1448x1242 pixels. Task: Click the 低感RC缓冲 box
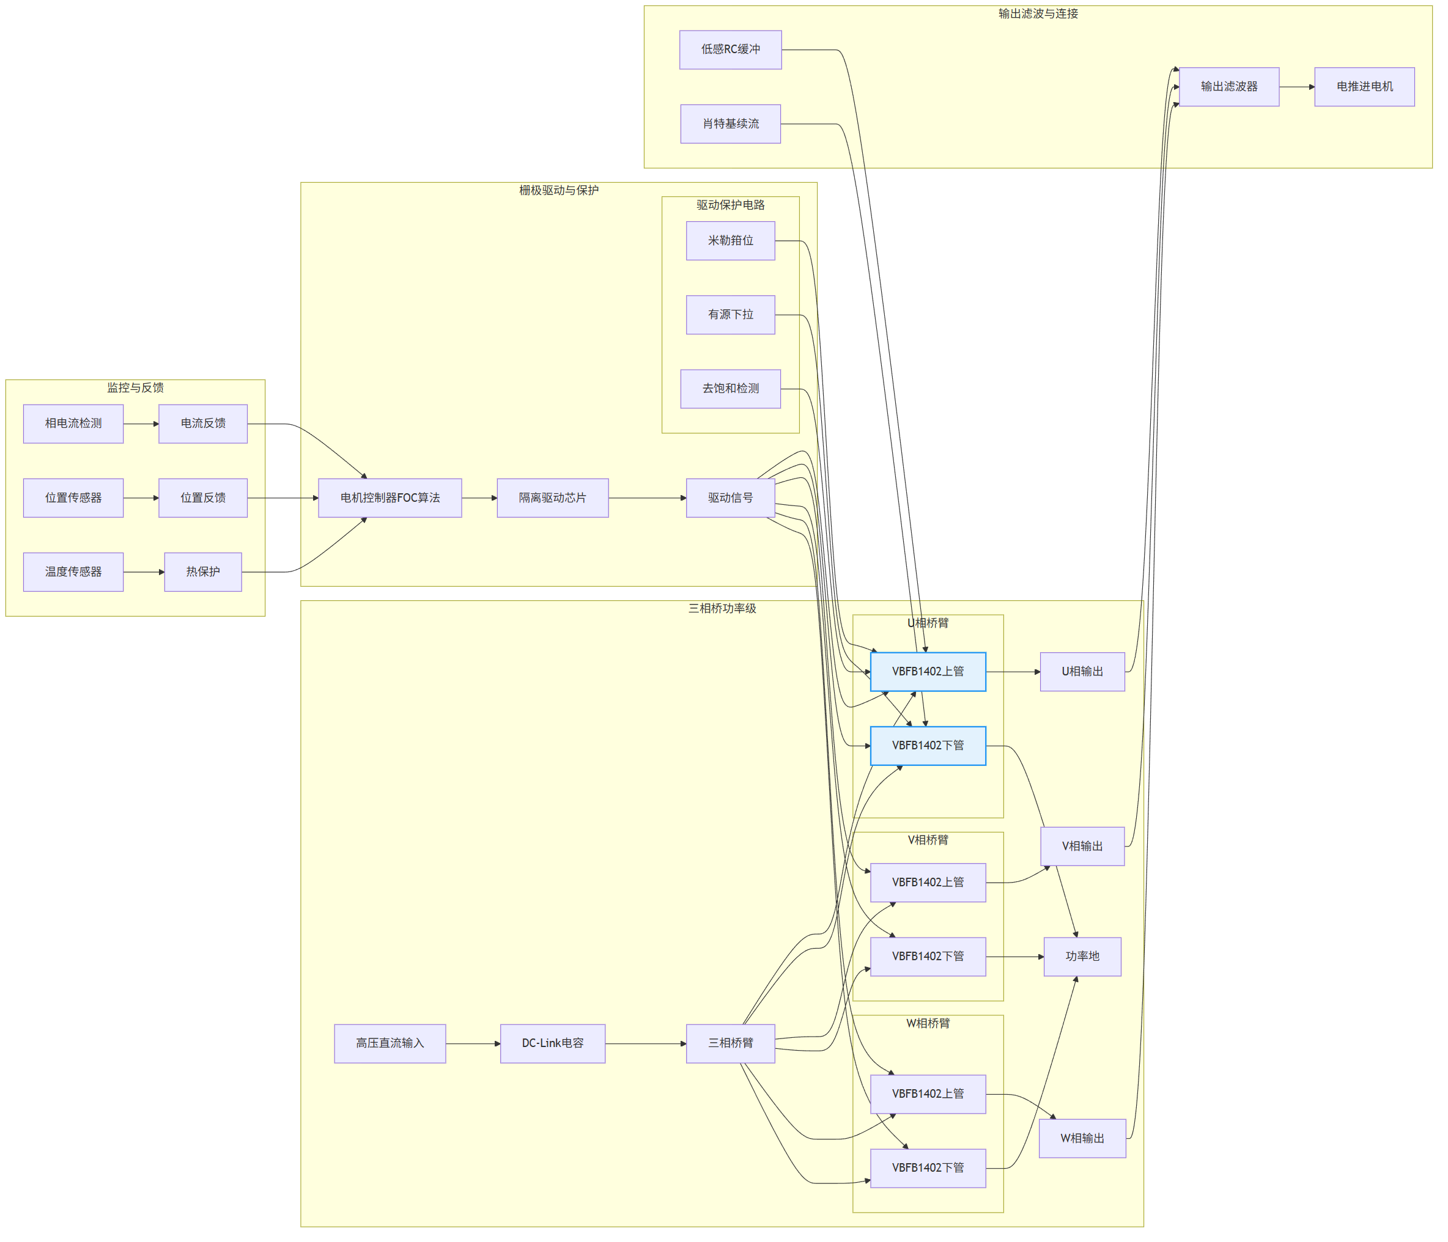pos(730,50)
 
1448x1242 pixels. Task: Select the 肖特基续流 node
pos(730,123)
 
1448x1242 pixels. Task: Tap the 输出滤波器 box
pos(1229,87)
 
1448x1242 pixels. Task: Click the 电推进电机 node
pos(1364,87)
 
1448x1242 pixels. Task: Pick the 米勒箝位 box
pos(730,241)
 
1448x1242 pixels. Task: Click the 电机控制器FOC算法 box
pos(390,498)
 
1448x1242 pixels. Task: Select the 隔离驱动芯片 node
pos(553,498)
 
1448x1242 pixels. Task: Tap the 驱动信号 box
pos(730,498)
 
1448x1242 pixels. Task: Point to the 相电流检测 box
pos(73,424)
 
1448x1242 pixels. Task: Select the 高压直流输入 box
pos(390,1043)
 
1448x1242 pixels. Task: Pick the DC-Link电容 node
pos(553,1043)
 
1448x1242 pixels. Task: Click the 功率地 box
pos(1082,957)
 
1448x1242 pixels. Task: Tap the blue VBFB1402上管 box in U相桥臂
pos(928,672)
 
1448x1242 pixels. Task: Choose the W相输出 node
pos(1082,1139)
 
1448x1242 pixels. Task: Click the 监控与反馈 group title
pos(136,388)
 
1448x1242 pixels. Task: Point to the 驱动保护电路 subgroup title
pos(730,205)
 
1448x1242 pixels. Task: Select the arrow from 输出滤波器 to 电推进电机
pos(1297,87)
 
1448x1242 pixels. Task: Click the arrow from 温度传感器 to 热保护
pos(144,572)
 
